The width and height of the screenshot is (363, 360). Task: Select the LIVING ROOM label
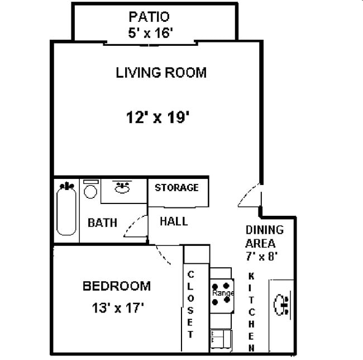coord(161,73)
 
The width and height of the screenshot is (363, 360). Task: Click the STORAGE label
coord(176,187)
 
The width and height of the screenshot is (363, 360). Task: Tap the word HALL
coord(174,221)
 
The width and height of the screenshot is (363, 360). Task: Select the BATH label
coord(102,222)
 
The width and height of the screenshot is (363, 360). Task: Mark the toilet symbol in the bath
coord(90,190)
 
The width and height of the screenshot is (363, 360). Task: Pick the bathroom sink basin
coord(122,188)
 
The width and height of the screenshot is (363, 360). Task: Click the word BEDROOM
coord(116,286)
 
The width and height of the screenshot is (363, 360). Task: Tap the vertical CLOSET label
coord(190,304)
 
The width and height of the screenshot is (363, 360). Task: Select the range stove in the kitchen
coord(221,293)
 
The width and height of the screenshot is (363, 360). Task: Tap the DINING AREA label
coord(265,236)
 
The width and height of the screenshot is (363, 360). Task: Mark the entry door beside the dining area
coord(247,195)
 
